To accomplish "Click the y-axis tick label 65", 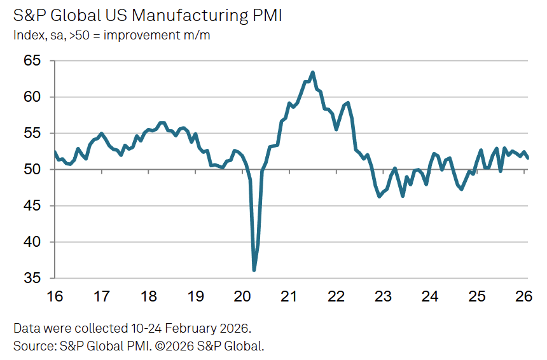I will (x=32, y=61).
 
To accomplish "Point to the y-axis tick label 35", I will (x=32, y=279).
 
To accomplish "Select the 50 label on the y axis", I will (x=32, y=170).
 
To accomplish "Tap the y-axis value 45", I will (x=32, y=206).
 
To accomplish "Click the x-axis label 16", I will (x=55, y=296).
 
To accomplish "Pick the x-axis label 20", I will (x=242, y=296).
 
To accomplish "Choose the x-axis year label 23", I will (x=383, y=296).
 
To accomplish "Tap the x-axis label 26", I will (x=524, y=296).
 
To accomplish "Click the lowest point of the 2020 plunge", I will (x=254, y=270).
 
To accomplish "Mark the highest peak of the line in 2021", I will (x=313, y=73).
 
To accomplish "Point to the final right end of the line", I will (x=528, y=158).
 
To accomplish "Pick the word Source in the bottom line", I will (x=32, y=346).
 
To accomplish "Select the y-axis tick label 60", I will (x=32, y=97).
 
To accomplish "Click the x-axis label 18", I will (x=148, y=296).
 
